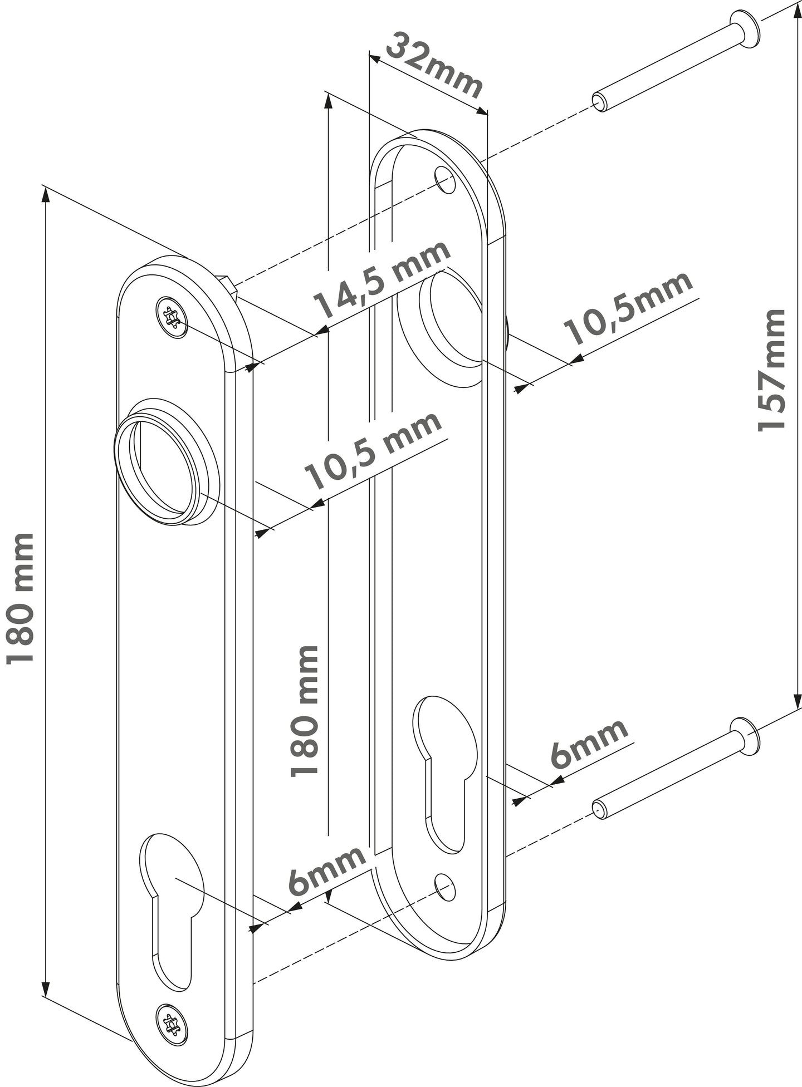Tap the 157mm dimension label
click(x=772, y=370)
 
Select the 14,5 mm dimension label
click(x=382, y=286)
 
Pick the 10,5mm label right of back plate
click(x=629, y=309)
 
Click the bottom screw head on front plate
click(x=171, y=1021)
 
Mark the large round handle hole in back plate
click(x=451, y=323)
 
